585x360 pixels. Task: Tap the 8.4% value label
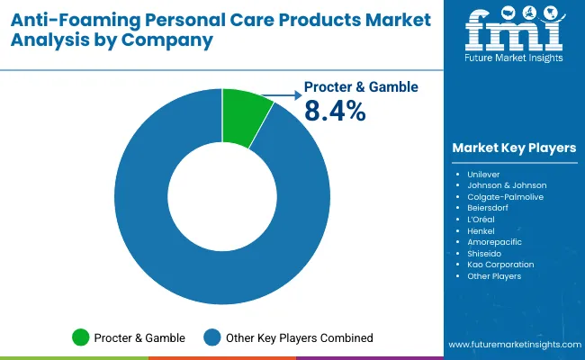click(x=336, y=111)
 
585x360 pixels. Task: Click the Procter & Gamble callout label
click(x=361, y=87)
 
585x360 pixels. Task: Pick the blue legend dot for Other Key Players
click(x=211, y=337)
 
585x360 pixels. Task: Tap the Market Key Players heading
click(x=515, y=148)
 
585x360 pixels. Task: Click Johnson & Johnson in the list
click(x=507, y=184)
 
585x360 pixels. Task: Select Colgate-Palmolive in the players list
click(x=505, y=196)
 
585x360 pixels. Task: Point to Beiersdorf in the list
click(x=489, y=207)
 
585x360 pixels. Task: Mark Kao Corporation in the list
click(x=500, y=265)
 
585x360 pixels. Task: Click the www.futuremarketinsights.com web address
click(x=513, y=345)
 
